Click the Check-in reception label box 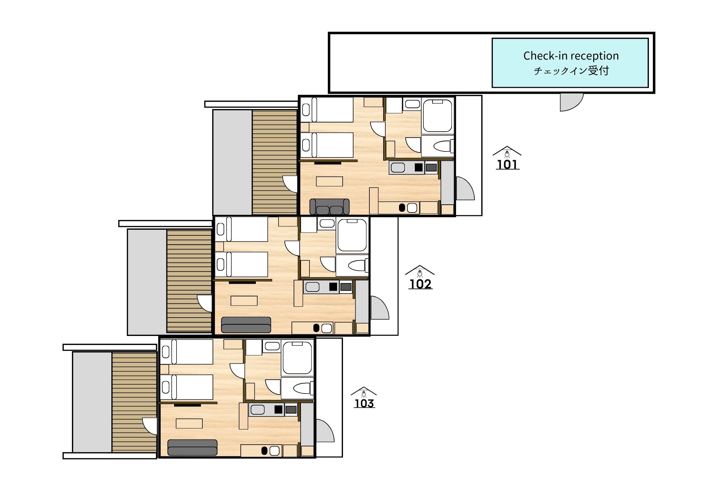point(570,63)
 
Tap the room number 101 point(508,164)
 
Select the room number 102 point(420,284)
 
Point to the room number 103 point(364,403)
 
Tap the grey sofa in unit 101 point(329,206)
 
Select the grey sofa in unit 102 point(246,325)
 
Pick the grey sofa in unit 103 point(192,447)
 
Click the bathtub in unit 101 point(437,116)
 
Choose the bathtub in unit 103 point(297,358)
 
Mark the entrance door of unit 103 point(325,430)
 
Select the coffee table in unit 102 point(244,301)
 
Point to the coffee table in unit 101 point(329,181)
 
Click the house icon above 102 point(419,271)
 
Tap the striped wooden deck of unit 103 point(134,402)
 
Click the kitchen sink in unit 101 point(398,167)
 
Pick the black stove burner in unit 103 point(278,409)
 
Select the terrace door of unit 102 point(205,303)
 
